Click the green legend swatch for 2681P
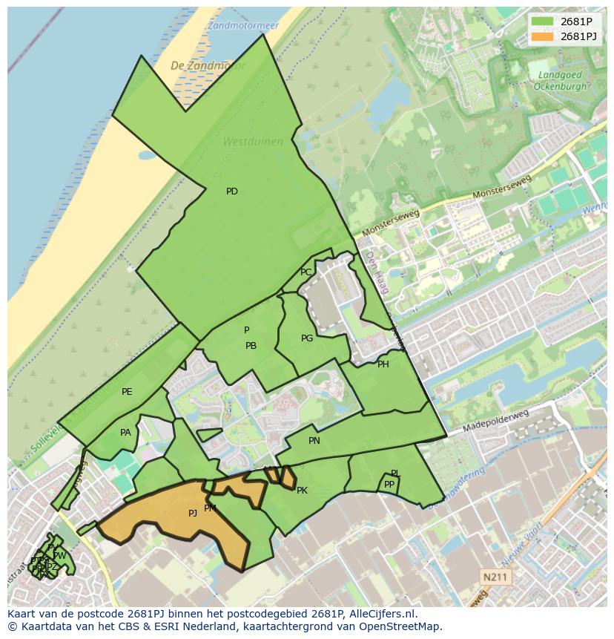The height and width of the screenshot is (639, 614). click(x=542, y=22)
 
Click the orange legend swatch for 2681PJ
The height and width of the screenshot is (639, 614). click(x=542, y=36)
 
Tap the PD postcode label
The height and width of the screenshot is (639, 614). click(x=232, y=191)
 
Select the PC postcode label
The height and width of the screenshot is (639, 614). click(x=306, y=272)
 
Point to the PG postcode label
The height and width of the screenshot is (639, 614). click(x=307, y=338)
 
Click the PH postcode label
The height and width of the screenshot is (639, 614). click(x=383, y=364)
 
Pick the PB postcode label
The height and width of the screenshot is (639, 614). click(x=251, y=346)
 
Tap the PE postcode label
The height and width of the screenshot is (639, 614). click(x=127, y=392)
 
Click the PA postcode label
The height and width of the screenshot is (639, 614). click(x=125, y=433)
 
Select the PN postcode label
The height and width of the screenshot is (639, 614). click(x=314, y=441)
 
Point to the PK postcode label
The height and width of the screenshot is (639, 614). click(x=302, y=491)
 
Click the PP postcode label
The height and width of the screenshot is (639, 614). click(x=389, y=485)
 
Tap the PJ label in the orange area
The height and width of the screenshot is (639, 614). click(x=193, y=513)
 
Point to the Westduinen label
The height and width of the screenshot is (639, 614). click(x=243, y=141)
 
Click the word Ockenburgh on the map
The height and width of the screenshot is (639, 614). click(x=560, y=86)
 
